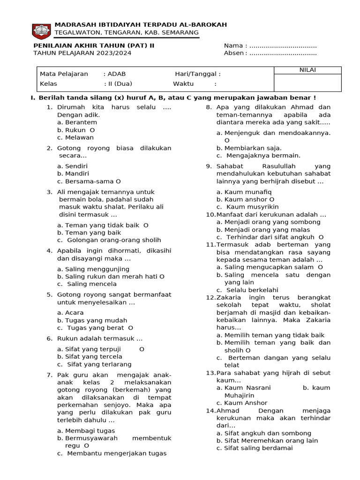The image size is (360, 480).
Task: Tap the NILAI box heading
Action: coord(307,70)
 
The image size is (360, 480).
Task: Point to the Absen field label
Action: coord(234,53)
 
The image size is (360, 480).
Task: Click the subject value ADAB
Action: coord(116,74)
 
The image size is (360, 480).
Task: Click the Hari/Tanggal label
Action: coord(197,74)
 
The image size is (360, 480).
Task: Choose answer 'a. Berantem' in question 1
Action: coord(77,122)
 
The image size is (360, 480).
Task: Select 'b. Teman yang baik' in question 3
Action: coord(89,232)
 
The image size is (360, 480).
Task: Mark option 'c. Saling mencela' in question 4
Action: coord(87,284)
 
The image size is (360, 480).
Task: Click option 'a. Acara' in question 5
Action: coord(70,313)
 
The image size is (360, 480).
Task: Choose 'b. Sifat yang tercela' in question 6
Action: coord(90,357)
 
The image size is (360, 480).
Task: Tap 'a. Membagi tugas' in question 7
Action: coord(86,431)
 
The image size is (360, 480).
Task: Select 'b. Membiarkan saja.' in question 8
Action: coord(249,148)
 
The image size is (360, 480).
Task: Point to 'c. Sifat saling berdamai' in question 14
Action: coord(255,448)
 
